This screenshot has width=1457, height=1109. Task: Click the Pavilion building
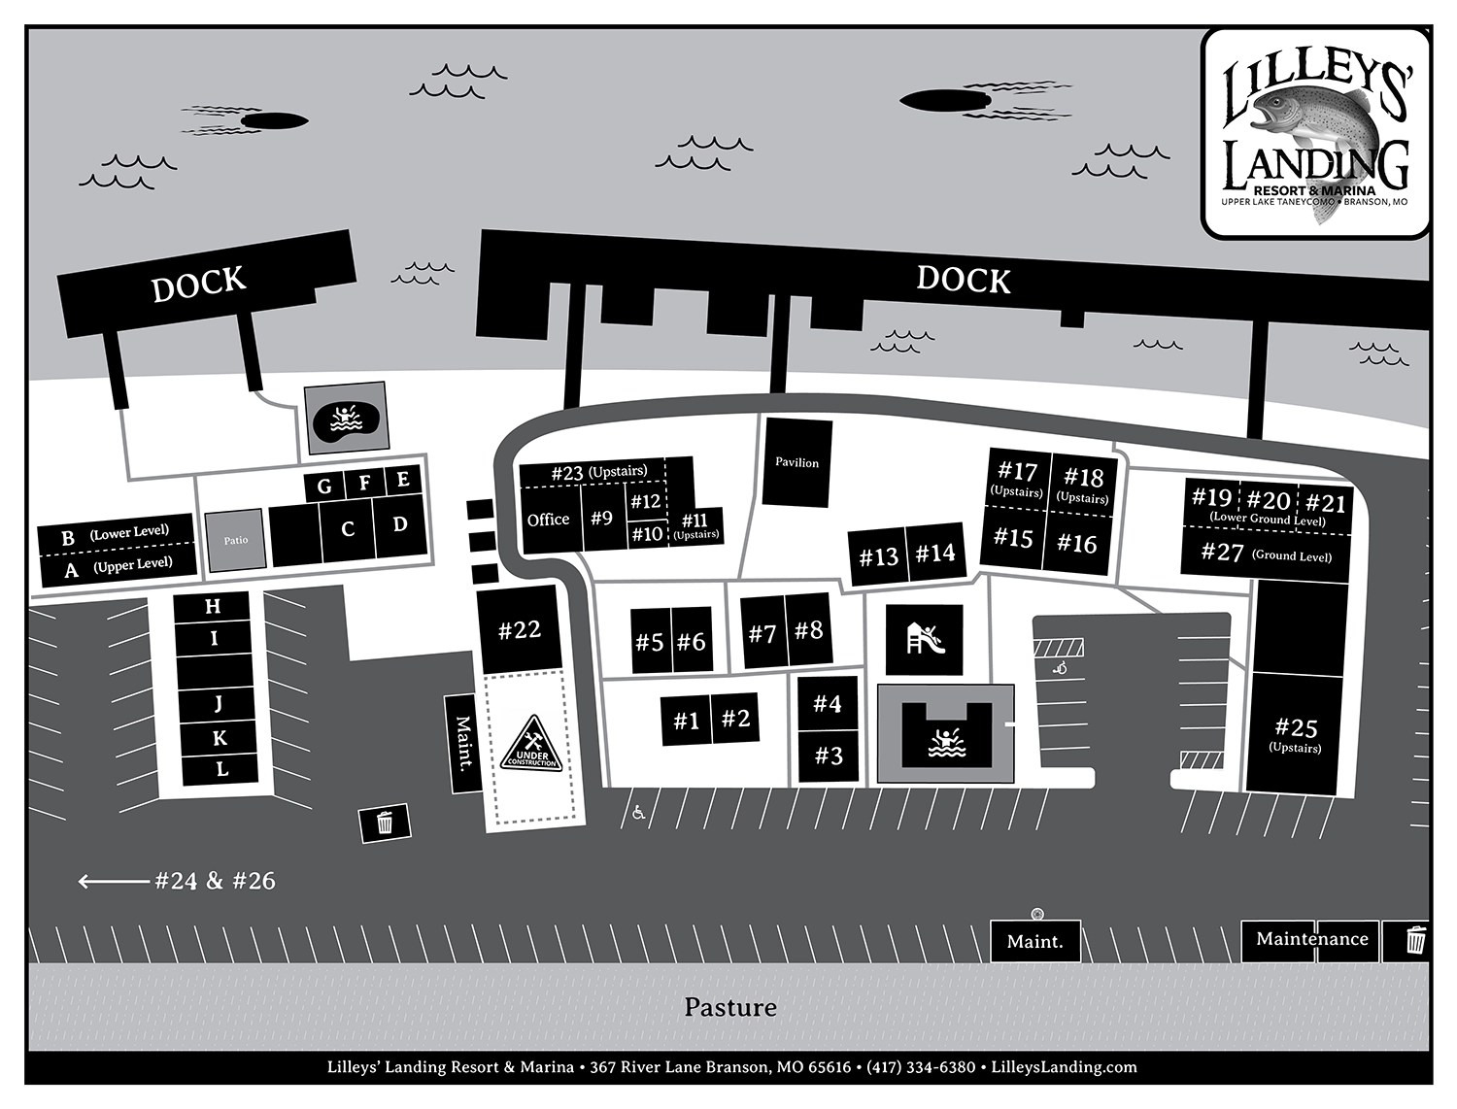pyautogui.click(x=797, y=462)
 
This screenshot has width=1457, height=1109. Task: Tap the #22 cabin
pyautogui.click(x=520, y=629)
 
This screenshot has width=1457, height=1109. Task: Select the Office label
pyautogui.click(x=548, y=520)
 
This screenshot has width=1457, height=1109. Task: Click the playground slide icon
pyautogui.click(x=924, y=640)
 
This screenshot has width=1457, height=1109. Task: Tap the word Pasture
pyautogui.click(x=729, y=1007)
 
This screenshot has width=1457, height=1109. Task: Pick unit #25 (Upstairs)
pyautogui.click(x=1296, y=734)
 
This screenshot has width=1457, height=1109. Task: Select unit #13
pyautogui.click(x=878, y=557)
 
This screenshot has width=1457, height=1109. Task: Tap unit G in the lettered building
pyautogui.click(x=324, y=486)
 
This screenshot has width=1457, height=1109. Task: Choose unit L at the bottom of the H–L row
pyautogui.click(x=221, y=769)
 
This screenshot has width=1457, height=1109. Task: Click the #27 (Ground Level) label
pyautogui.click(x=1266, y=554)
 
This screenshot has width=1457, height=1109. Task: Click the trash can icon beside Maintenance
pyautogui.click(x=1416, y=940)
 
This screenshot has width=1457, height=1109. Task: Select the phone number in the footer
pyautogui.click(x=921, y=1067)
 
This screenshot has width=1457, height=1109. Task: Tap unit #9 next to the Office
pyautogui.click(x=602, y=519)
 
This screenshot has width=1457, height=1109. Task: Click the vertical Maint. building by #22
pyautogui.click(x=463, y=743)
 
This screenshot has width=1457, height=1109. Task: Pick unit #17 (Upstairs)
pyautogui.click(x=1017, y=478)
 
